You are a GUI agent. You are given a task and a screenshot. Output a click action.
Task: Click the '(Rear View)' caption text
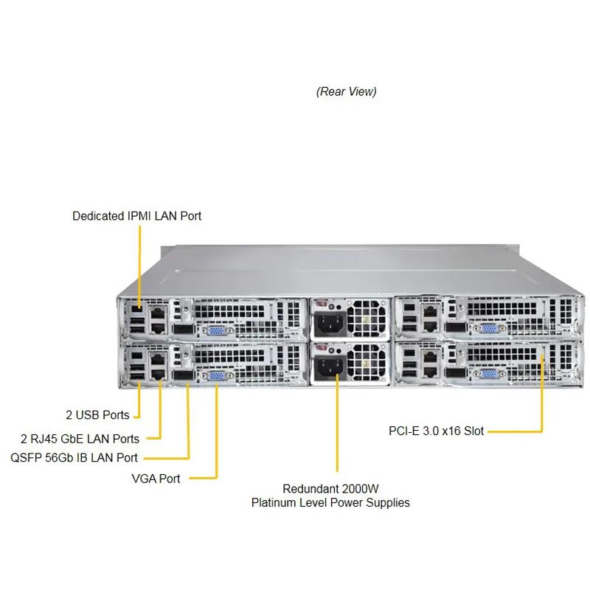point(346,91)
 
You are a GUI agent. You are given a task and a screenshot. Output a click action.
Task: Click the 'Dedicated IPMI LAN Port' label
point(136,216)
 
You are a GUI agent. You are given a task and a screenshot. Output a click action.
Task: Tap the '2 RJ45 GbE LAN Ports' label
point(86,439)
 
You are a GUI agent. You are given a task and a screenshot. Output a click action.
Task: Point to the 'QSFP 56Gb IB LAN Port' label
point(74,458)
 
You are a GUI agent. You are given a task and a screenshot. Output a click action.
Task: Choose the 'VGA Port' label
point(156,479)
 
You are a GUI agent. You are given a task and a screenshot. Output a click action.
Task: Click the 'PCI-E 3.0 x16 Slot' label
point(436,430)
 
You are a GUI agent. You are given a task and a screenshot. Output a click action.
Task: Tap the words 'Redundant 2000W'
point(330,489)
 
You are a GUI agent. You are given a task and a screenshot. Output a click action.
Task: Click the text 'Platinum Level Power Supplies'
point(330,503)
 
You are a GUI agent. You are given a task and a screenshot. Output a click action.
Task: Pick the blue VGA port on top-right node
point(487,330)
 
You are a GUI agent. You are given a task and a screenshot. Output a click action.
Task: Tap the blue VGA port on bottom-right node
point(487,375)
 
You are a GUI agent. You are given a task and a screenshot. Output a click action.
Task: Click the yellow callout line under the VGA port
point(217,435)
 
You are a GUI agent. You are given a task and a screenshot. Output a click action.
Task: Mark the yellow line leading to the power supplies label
point(338,428)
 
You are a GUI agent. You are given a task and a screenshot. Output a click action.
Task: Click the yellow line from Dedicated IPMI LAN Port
point(139,258)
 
